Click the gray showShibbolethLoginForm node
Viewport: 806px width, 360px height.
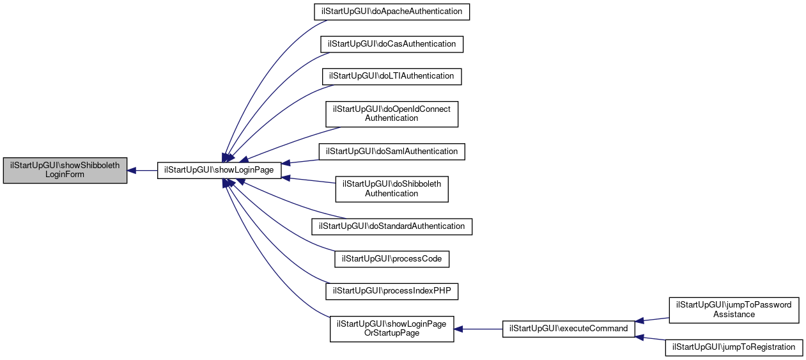tap(65, 171)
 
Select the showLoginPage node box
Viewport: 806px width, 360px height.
tap(219, 171)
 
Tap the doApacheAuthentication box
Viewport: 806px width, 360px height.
tap(391, 12)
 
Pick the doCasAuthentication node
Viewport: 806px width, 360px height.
tap(391, 44)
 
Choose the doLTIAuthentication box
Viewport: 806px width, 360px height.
tap(391, 76)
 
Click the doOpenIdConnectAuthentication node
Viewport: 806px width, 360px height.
tap(391, 113)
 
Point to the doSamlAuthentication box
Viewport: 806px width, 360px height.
tap(391, 152)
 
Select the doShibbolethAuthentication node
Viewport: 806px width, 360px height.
tap(391, 189)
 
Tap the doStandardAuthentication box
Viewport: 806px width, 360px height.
tap(391, 226)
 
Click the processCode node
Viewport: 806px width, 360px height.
tap(391, 259)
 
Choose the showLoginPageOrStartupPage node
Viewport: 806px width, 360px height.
tap(391, 329)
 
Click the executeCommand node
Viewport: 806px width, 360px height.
tap(569, 329)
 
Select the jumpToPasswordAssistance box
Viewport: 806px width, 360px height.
tap(734, 309)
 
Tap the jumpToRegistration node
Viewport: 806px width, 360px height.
tap(734, 347)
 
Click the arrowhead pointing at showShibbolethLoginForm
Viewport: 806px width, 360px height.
tap(132, 171)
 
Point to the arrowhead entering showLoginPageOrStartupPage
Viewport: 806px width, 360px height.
tap(458, 329)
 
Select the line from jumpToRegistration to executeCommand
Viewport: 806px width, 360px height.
tap(652, 340)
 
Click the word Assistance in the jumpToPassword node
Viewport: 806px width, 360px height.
tap(734, 315)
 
